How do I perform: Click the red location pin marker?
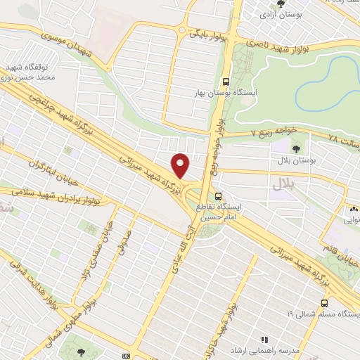coord(181,165)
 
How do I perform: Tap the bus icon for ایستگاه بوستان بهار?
coord(225,82)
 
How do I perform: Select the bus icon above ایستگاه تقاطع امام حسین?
coord(219,195)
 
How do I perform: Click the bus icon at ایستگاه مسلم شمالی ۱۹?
coord(323,302)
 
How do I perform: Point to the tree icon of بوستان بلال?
coord(295,148)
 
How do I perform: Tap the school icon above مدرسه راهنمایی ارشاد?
coord(264,339)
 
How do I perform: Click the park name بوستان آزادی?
coord(278,13)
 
